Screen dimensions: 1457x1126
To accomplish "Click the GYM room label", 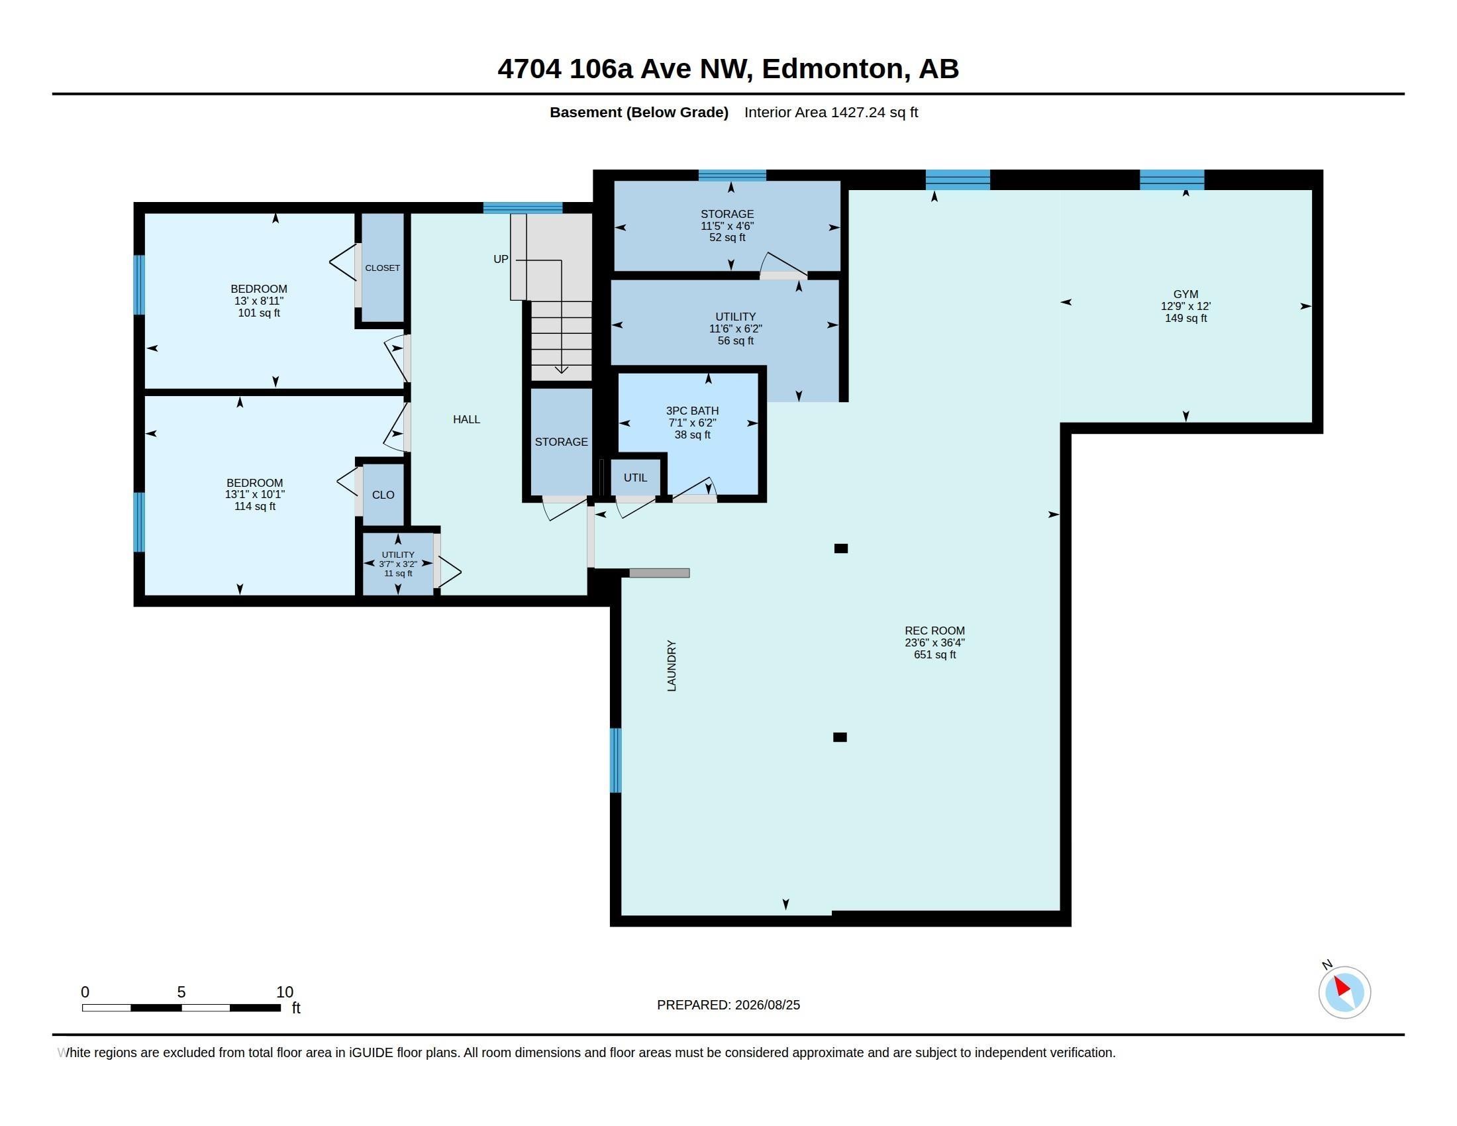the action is pos(1185,294).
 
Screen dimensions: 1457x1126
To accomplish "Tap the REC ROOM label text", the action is pos(934,631).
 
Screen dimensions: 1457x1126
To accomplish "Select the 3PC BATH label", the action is pos(693,411).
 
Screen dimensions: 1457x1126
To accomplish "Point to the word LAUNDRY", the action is pos(672,666).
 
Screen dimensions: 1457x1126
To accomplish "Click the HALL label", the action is pos(466,419).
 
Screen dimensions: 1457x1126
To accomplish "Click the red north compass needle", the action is pos(1342,986).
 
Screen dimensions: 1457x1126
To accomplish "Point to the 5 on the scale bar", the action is pos(181,992).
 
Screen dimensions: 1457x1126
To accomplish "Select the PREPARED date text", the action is pos(728,1005).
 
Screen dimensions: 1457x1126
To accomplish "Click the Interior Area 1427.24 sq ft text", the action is pos(831,112).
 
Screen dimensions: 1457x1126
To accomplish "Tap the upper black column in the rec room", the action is pos(841,548).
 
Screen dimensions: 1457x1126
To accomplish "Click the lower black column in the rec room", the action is pos(840,737).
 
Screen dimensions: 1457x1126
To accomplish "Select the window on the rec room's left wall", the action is pos(616,760).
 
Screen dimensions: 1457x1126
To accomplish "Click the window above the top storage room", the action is pos(732,176).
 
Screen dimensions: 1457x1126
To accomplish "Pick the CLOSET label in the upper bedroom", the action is pos(383,268).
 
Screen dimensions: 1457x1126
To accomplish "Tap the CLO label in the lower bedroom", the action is pos(383,495).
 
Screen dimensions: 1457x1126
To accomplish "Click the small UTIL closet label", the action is pos(635,478).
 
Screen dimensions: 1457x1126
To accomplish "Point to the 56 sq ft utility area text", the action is pos(735,341).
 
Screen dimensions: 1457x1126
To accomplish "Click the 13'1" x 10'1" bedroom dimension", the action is pos(255,494).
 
